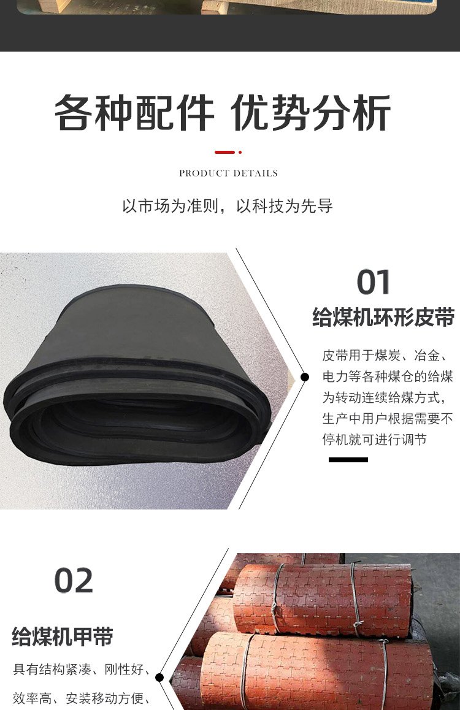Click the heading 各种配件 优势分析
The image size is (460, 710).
pos(222,113)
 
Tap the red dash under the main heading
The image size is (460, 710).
pos(224,152)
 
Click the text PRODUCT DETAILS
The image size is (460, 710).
pos(228,173)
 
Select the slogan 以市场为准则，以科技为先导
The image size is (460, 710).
pos(228,206)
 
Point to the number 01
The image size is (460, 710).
pos(374,282)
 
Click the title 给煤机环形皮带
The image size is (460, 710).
pos(383,317)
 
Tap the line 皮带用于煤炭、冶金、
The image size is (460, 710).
pos(386,356)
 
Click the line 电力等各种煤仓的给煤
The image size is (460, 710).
pos(388,376)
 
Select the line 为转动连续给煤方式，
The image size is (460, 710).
pos(385,397)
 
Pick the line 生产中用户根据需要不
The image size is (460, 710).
pos(388,418)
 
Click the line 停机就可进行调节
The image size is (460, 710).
pos(374,439)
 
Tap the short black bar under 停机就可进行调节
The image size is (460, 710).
pos(348,460)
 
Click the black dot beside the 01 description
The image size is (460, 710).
pos(305,376)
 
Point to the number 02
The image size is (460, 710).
pos(74,581)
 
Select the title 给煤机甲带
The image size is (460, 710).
pos(63,636)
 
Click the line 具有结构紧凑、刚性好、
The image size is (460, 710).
pos(82,670)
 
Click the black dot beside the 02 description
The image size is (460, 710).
pos(159,678)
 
